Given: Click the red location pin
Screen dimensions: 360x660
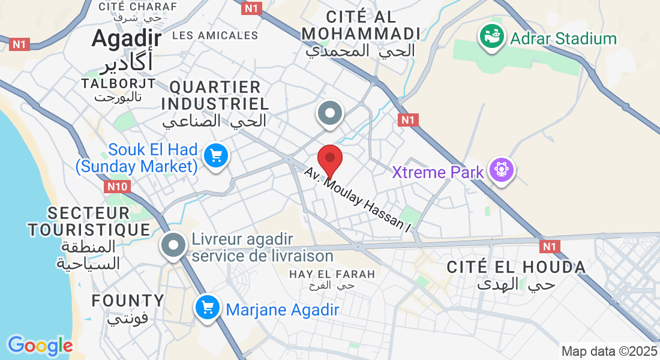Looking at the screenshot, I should click(329, 159).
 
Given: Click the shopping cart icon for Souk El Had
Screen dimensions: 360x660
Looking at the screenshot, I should click(215, 156).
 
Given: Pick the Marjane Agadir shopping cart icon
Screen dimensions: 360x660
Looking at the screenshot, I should click(208, 308).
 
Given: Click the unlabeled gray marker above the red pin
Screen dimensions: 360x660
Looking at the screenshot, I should click(329, 113).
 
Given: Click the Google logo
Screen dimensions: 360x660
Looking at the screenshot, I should click(40, 346).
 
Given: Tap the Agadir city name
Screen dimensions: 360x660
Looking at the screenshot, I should click(127, 38).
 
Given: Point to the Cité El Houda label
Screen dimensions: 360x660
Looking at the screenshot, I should click(516, 267).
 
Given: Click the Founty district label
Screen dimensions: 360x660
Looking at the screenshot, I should click(127, 301).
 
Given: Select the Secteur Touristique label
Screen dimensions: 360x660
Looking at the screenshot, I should click(89, 221).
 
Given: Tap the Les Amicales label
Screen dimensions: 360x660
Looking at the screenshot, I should click(215, 35).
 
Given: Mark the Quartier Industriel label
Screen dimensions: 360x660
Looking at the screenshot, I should click(215, 95).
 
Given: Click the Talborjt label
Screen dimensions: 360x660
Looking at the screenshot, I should click(119, 83).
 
